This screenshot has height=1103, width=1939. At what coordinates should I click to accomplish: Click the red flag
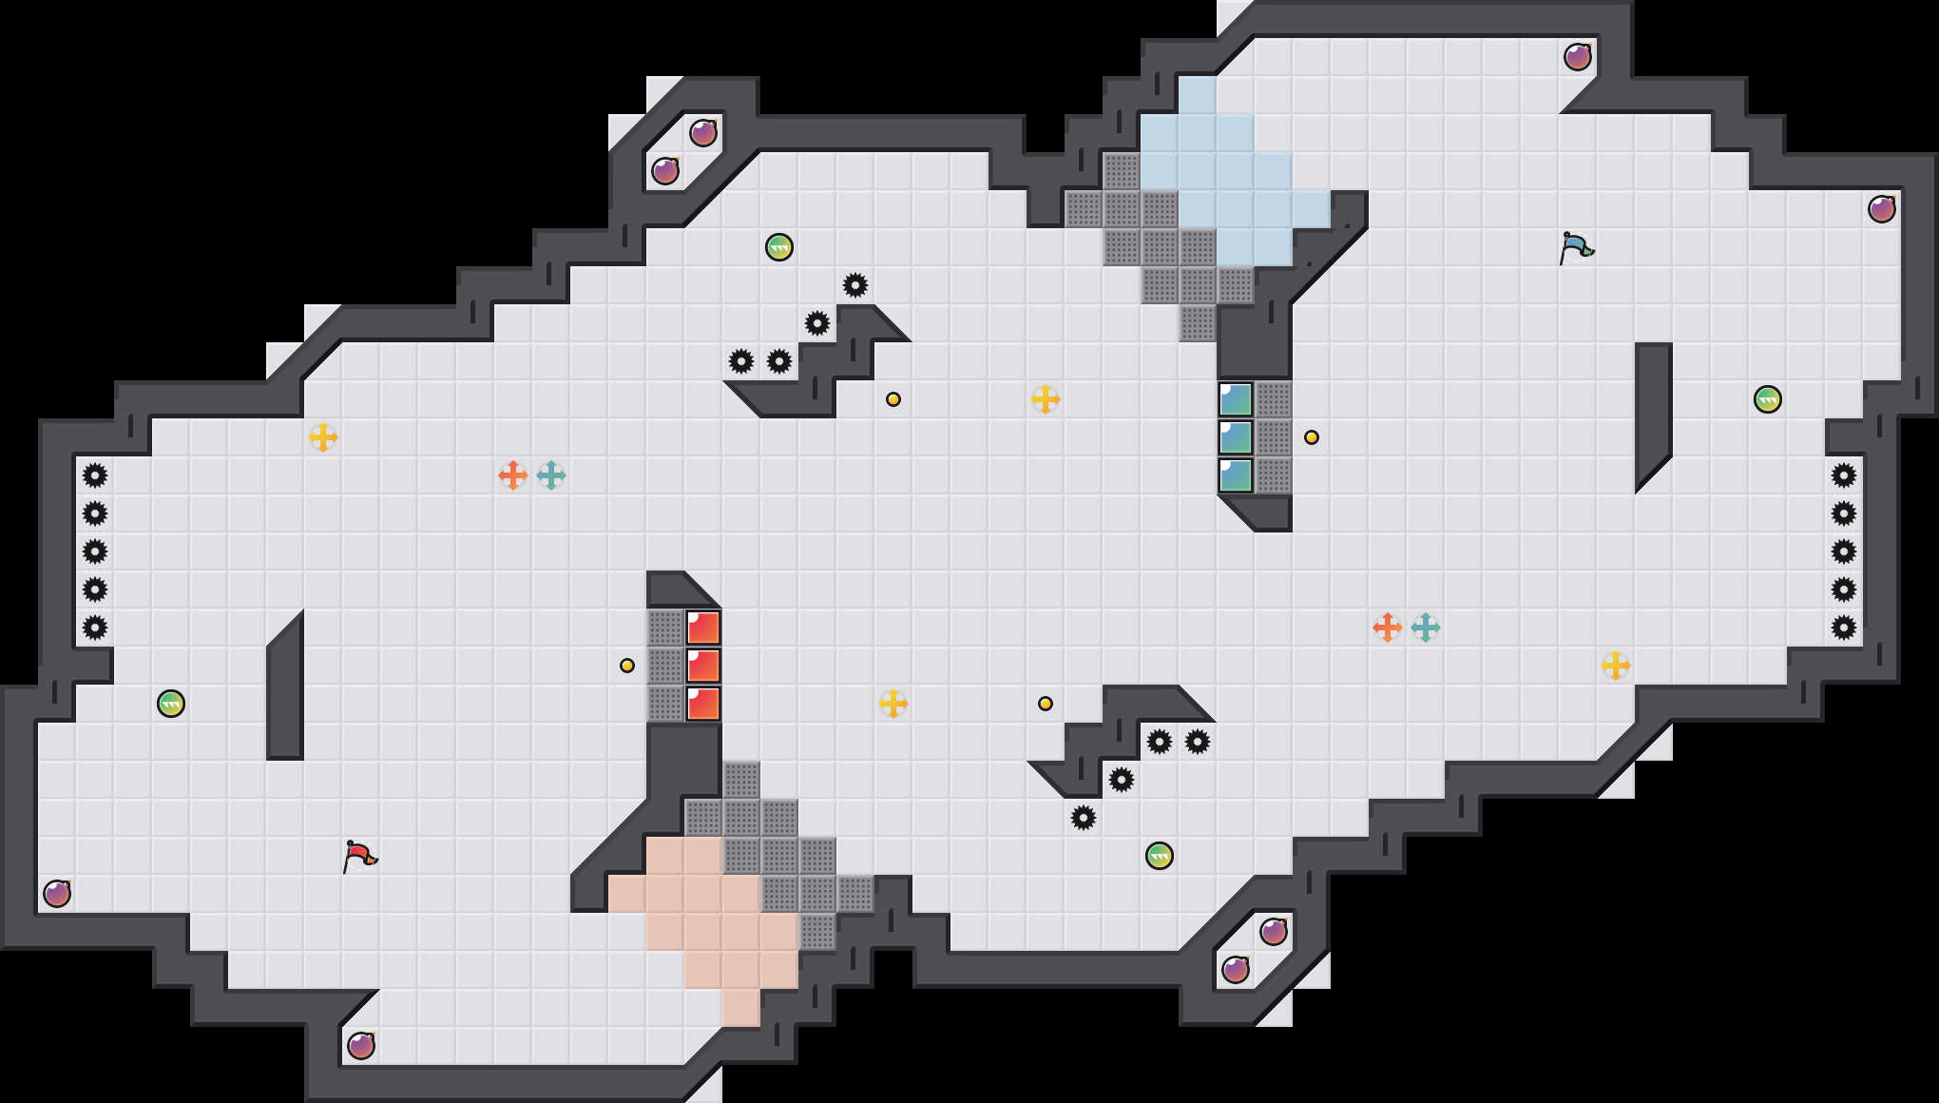pyautogui.click(x=359, y=856)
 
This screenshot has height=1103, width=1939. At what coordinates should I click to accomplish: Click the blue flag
pyautogui.click(x=1576, y=247)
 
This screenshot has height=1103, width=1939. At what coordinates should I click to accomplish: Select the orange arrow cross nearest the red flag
pyautogui.click(x=513, y=475)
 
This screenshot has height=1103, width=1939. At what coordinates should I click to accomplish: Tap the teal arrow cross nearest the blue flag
pyautogui.click(x=1426, y=628)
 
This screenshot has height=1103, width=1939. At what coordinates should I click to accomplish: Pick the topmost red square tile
pyautogui.click(x=703, y=628)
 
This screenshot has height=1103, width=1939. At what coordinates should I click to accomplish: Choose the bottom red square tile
pyautogui.click(x=703, y=704)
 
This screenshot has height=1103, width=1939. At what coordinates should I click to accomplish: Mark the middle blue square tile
pyautogui.click(x=1236, y=437)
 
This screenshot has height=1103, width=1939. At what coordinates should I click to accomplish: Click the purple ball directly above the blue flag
pyautogui.click(x=1578, y=57)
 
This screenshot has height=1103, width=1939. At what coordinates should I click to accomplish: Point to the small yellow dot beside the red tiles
pyautogui.click(x=627, y=666)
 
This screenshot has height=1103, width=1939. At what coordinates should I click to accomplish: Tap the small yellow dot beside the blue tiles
pyautogui.click(x=1312, y=437)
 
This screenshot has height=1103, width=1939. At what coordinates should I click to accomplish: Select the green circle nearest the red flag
pyautogui.click(x=171, y=704)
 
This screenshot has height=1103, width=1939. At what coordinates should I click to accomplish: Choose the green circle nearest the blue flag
pyautogui.click(x=1768, y=399)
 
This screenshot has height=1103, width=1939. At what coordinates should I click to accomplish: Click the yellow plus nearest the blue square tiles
pyautogui.click(x=1046, y=399)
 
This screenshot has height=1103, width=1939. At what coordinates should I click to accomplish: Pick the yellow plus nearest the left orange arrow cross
pyautogui.click(x=323, y=437)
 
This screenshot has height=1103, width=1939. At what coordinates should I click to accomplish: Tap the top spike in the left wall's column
pyautogui.click(x=95, y=475)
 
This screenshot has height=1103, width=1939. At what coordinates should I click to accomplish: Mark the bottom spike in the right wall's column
pyautogui.click(x=1844, y=628)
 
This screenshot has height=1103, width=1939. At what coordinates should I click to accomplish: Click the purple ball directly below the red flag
pyautogui.click(x=361, y=1046)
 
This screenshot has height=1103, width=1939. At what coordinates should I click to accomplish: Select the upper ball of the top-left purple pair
pyautogui.click(x=703, y=133)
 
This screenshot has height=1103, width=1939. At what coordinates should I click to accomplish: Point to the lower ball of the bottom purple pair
pyautogui.click(x=1236, y=970)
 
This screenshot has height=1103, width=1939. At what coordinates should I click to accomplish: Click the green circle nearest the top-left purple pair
pyautogui.click(x=779, y=247)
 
